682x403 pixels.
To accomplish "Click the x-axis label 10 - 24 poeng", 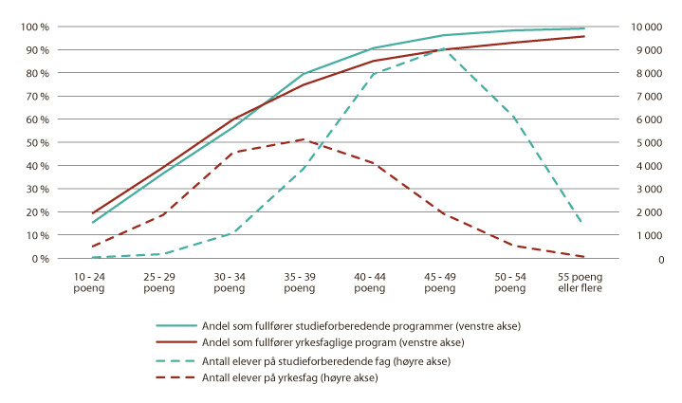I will pyautogui.click(x=91, y=282).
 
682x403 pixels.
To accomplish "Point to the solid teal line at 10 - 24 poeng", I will pyautogui.click(x=92, y=223).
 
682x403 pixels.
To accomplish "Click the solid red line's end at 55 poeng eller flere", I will pyautogui.click(x=583, y=36).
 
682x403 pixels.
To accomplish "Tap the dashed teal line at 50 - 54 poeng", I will pyautogui.click(x=513, y=118).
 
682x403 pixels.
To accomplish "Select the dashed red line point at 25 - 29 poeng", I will pyautogui.click(x=162, y=215).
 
